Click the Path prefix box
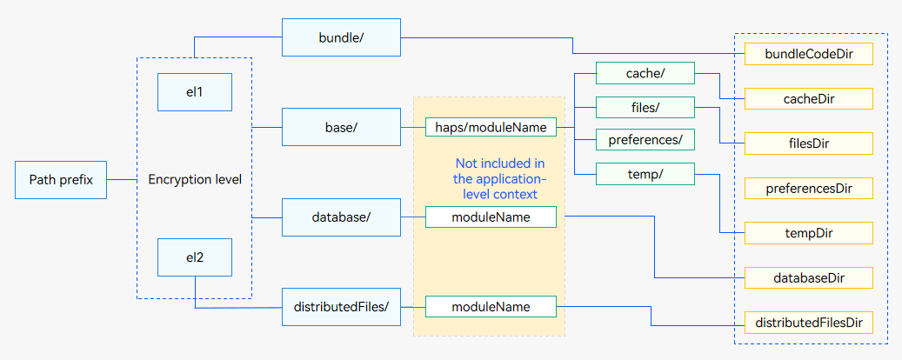tap(60, 180)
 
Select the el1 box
tap(195, 92)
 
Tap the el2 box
tap(195, 257)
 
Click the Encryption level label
tap(195, 179)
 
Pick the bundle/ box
tap(341, 37)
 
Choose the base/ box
tap(341, 127)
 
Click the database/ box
tap(341, 217)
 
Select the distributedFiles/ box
tap(341, 307)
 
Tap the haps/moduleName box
tap(491, 127)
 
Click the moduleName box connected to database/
tap(491, 217)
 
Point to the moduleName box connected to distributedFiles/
tap(491, 306)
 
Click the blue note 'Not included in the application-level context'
tap(495, 179)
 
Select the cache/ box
tap(645, 73)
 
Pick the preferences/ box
tap(645, 140)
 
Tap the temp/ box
tap(645, 174)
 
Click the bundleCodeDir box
tap(809, 54)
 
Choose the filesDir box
tap(809, 143)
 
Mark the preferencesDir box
tap(809, 188)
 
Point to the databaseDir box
tap(809, 277)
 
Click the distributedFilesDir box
tap(809, 322)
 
